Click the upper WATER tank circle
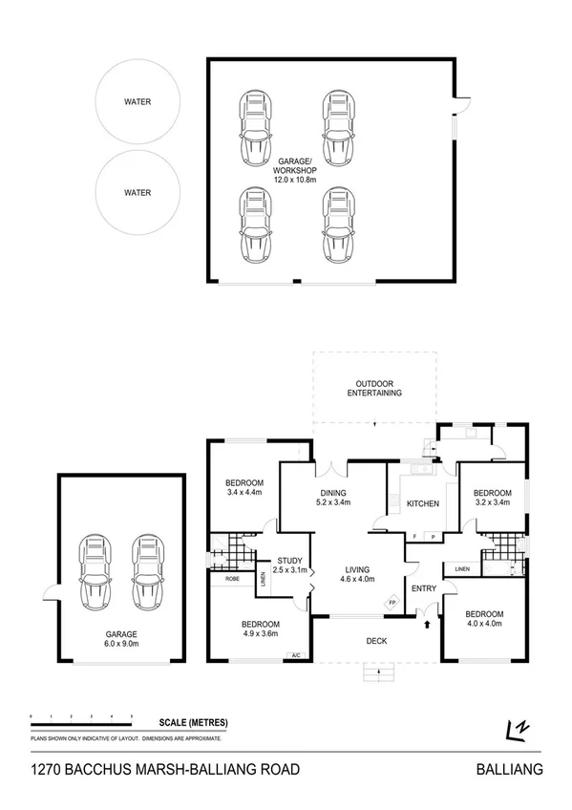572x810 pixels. [x=137, y=102]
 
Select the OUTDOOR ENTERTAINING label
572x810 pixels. [x=373, y=387]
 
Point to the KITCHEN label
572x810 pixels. [x=422, y=502]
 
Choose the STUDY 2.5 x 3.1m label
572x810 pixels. [x=289, y=565]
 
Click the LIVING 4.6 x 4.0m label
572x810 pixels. [x=357, y=572]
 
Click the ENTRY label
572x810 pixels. [x=423, y=588]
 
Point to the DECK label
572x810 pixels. [x=375, y=640]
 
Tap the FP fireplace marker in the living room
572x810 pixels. [x=392, y=603]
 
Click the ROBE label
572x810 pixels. [x=232, y=579]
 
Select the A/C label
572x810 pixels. [x=295, y=654]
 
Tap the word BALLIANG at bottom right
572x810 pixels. [x=509, y=769]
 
